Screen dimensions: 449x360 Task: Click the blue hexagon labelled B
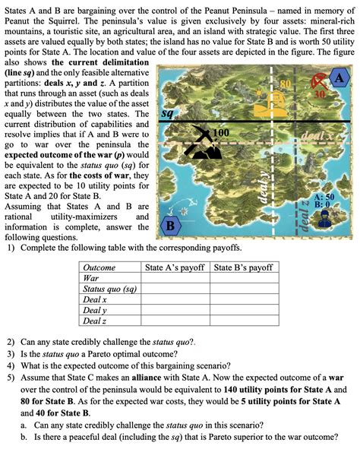click(170, 226)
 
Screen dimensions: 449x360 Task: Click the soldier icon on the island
click(325, 218)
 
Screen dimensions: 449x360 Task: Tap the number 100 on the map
click(222, 134)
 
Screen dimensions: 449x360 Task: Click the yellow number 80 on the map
click(286, 81)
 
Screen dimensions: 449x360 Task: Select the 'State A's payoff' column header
click(175, 267)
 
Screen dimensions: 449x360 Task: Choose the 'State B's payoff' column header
click(244, 267)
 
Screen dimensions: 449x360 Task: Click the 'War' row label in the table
click(90, 278)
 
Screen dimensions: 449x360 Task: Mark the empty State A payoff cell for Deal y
click(175, 310)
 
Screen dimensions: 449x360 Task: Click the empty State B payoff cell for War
click(244, 278)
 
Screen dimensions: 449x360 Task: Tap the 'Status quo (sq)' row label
click(109, 289)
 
